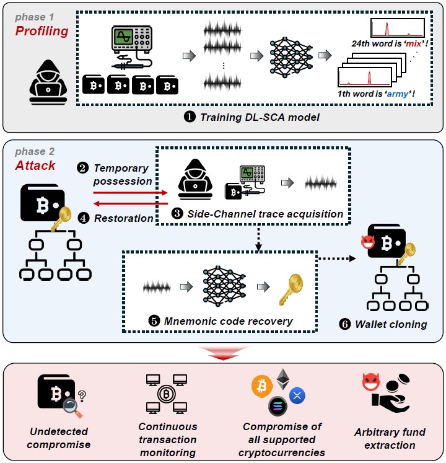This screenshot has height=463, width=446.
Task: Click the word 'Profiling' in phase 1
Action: (42, 31)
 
